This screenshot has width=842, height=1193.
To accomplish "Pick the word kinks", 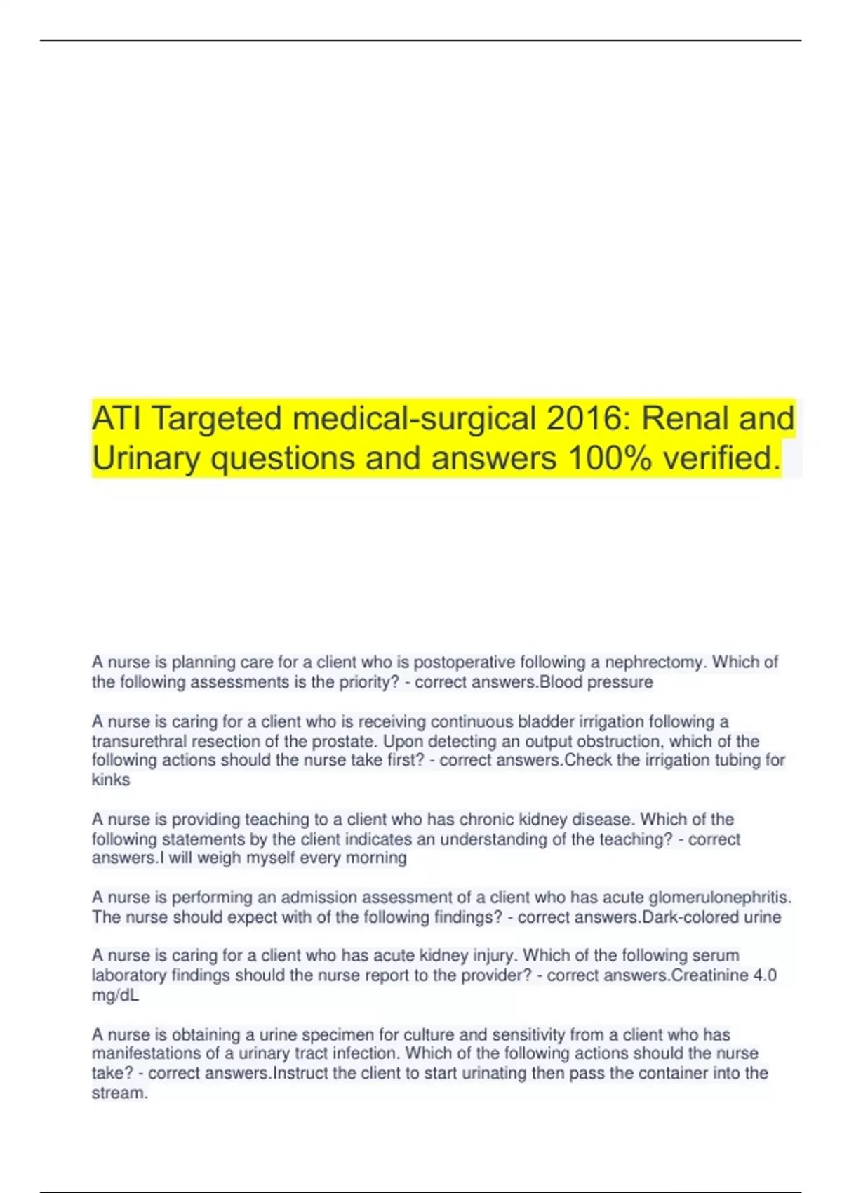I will [x=111, y=780].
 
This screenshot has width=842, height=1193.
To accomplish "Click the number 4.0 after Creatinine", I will [x=764, y=975].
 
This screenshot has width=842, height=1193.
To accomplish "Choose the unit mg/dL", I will [x=115, y=995].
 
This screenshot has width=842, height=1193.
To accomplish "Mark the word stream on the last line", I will [x=119, y=1093].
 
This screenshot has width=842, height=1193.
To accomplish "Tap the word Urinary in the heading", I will [x=146, y=458].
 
